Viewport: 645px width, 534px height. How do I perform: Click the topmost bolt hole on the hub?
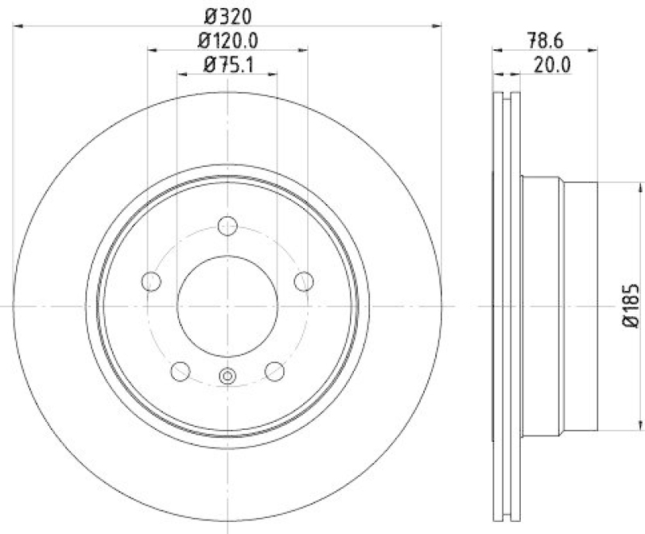click(228, 225)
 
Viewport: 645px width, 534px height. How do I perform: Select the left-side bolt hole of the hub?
click(151, 282)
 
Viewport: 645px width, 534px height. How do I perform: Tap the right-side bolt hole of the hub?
click(304, 281)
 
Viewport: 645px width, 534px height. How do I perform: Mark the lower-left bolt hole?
click(181, 371)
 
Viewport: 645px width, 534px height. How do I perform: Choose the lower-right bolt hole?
click(275, 371)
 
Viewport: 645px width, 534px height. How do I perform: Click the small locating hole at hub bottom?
click(227, 374)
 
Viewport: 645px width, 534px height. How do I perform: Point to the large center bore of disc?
click(227, 306)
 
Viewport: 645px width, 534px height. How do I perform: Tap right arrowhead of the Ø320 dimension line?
click(439, 27)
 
